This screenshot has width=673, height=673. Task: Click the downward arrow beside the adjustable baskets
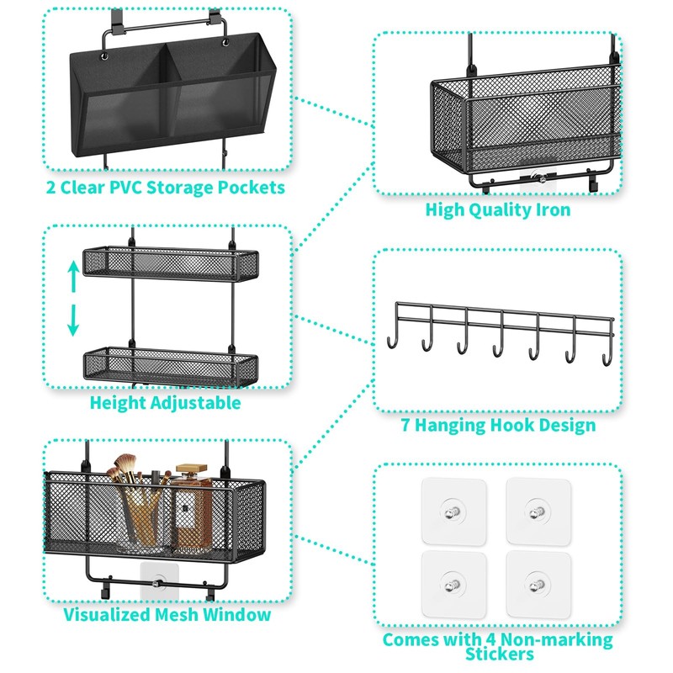coord(74,318)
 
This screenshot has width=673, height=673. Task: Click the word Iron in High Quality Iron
coord(548,210)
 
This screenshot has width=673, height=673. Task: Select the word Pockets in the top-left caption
coord(244,188)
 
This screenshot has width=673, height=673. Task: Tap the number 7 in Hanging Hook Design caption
coord(406,425)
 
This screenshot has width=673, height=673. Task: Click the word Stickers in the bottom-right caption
coord(498,654)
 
